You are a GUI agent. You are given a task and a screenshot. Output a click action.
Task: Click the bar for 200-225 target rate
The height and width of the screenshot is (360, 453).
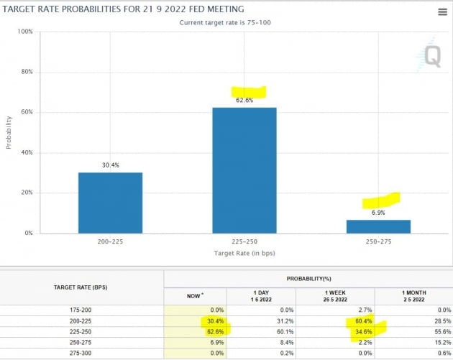tap(110, 203)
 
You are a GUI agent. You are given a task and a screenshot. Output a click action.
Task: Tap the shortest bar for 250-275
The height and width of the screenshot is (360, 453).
tap(378, 226)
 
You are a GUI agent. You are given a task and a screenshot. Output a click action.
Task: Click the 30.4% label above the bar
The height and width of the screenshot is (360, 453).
tap(110, 165)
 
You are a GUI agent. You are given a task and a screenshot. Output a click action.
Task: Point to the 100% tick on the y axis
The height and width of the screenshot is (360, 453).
tap(24, 32)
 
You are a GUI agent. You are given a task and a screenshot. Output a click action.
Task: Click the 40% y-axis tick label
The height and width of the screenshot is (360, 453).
tap(26, 152)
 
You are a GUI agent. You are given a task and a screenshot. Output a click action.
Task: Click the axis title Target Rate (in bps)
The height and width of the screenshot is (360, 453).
tap(244, 254)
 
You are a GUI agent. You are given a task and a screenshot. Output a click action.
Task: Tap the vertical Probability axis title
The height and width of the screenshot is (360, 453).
tap(9, 133)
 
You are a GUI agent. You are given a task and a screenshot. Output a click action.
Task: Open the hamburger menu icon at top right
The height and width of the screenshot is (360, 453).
tap(442, 12)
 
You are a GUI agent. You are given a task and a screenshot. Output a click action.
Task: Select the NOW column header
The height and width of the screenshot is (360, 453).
tap(194, 295)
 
